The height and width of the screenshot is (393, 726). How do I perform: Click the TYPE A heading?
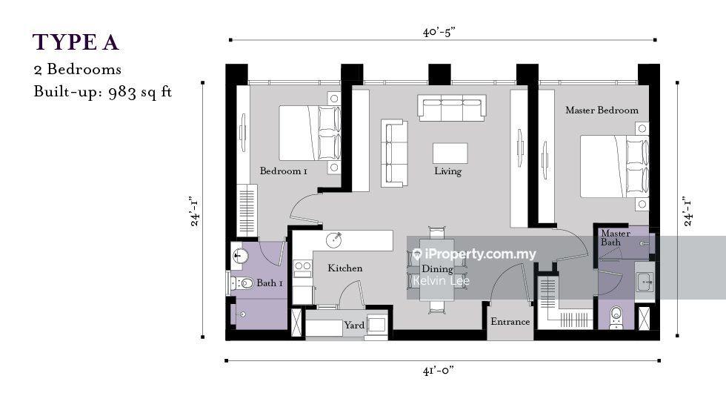[76, 42]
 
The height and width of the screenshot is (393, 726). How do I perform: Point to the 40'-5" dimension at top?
[439, 32]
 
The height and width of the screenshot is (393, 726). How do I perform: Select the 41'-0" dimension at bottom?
[438, 370]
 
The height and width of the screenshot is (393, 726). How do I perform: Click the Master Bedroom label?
[602, 110]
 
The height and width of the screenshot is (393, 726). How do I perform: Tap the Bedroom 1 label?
[283, 171]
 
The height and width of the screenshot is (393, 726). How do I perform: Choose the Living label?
[447, 171]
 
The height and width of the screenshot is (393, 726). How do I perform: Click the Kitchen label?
[345, 268]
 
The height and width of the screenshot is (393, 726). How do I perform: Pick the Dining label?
[437, 268]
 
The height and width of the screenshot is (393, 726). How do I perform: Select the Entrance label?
[510, 322]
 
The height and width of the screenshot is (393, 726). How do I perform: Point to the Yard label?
[354, 326]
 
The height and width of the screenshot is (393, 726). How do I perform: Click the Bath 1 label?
[270, 283]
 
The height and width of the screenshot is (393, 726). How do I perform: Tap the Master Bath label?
[616, 237]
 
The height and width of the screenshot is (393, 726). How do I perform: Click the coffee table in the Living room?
[450, 153]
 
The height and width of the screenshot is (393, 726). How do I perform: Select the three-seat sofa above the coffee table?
[452, 108]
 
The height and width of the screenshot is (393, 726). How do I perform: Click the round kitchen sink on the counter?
[334, 240]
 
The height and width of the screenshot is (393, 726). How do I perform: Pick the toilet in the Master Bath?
[616, 317]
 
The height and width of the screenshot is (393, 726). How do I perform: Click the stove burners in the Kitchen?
[303, 266]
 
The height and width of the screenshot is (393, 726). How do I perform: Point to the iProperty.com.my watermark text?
[475, 254]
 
